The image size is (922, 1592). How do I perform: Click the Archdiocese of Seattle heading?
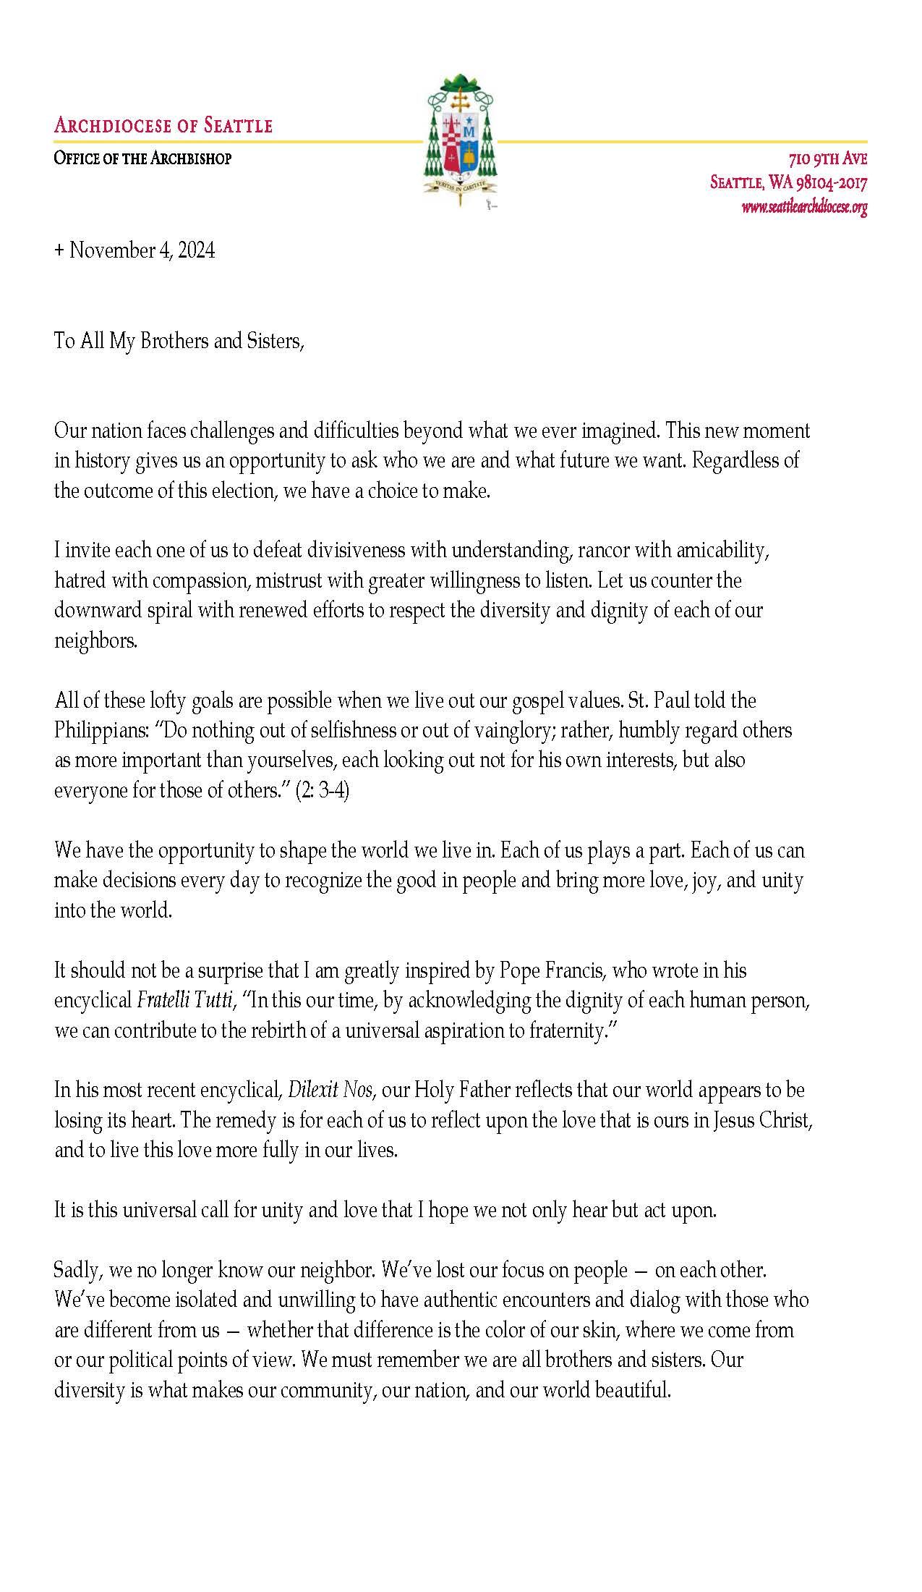click(x=163, y=126)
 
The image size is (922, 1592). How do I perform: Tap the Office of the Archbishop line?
click(x=142, y=158)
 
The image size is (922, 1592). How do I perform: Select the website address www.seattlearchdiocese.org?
click(x=803, y=208)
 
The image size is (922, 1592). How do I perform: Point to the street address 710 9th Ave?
click(x=827, y=159)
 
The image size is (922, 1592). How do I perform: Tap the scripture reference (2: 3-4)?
click(x=323, y=790)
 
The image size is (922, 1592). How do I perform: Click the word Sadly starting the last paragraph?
click(x=74, y=1270)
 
